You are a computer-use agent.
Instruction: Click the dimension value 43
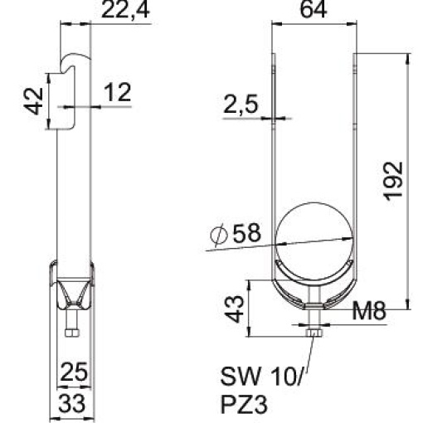(235, 309)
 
